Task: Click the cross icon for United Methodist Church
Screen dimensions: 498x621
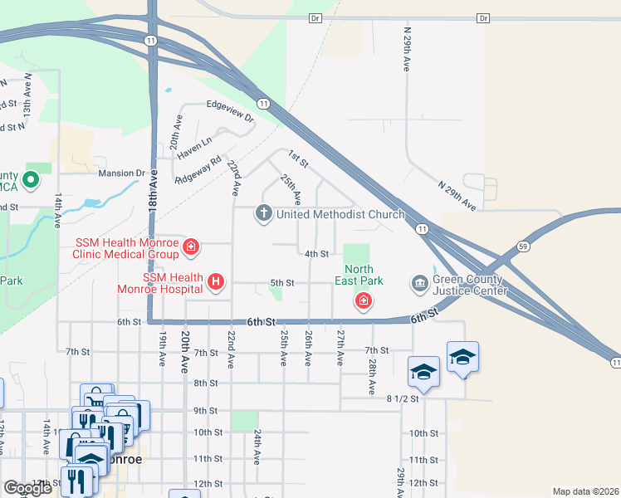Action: click(x=264, y=214)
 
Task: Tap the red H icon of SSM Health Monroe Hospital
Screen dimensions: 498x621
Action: click(x=216, y=282)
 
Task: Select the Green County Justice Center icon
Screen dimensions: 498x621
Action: click(x=418, y=284)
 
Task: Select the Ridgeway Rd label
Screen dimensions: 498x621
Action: click(x=198, y=170)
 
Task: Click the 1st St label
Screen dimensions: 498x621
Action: click(x=298, y=156)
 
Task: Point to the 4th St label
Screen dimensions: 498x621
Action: click(x=317, y=254)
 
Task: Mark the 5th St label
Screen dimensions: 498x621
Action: click(x=282, y=283)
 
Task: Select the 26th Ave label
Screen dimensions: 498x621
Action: click(x=308, y=348)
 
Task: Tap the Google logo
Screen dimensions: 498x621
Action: click(x=27, y=488)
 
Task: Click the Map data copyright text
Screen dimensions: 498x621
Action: click(x=585, y=491)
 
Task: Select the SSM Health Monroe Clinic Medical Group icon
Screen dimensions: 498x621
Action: click(x=191, y=246)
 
